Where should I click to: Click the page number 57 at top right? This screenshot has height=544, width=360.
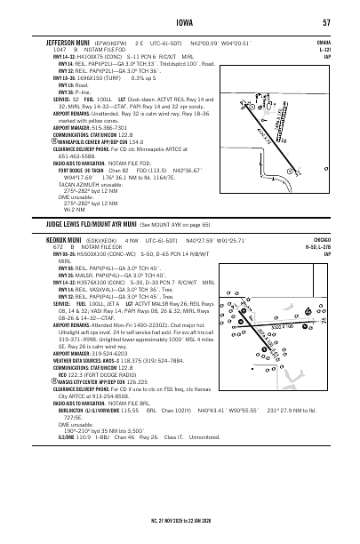[327, 22]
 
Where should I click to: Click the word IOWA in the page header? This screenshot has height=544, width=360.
[180, 22]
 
